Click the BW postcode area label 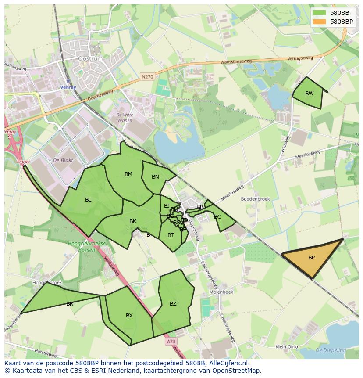[310, 93]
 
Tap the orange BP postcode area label [311, 258]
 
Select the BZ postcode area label [173, 303]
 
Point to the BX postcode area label [129, 316]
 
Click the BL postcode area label [88, 200]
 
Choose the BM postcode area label [128, 174]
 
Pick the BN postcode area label [155, 177]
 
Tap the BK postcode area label [133, 221]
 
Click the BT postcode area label [171, 235]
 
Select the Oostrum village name [90, 58]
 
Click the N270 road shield [147, 77]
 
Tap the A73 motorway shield [171, 341]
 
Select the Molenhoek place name [221, 292]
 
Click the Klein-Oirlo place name [287, 347]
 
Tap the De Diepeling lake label [331, 350]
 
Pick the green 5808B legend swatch [320, 13]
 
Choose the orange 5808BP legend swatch [320, 21]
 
